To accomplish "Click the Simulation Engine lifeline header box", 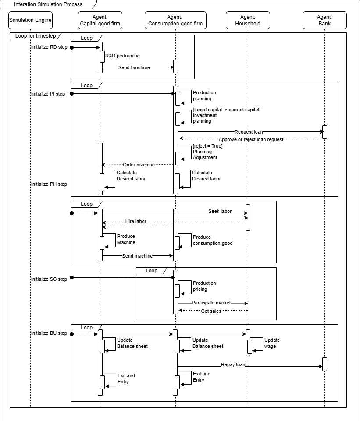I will [30, 20].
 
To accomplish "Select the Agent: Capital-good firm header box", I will [100, 20].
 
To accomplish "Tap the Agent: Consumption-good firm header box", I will [175, 20].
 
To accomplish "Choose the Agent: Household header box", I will [248, 20].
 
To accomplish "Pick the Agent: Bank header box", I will [324, 20].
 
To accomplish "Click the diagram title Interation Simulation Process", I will [48, 4].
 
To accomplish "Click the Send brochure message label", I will [134, 67].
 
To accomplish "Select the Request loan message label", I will [249, 131].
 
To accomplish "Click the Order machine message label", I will [139, 165].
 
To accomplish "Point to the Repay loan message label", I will [233, 364].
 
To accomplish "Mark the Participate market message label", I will [211, 303].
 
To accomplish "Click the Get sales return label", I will [211, 311].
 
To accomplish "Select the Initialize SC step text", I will [49, 279].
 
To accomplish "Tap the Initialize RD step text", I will [49, 47].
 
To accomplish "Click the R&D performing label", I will [122, 56].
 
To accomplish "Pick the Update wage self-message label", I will [272, 343].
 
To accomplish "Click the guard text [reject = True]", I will [208, 146].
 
